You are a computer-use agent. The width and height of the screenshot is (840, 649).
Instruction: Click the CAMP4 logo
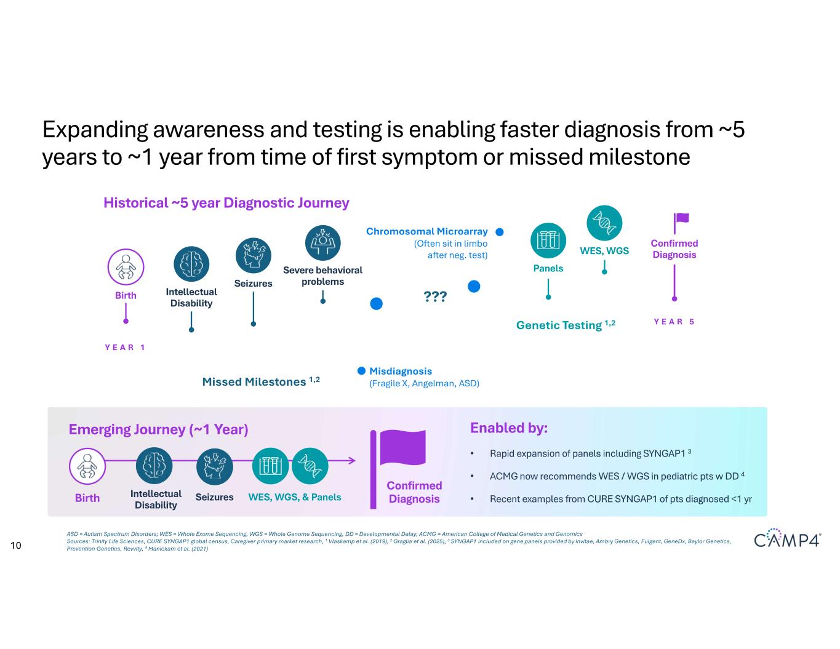point(787,538)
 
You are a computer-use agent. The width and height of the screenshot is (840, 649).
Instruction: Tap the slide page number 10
point(16,545)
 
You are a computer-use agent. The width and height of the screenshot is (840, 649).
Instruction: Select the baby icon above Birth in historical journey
point(126,266)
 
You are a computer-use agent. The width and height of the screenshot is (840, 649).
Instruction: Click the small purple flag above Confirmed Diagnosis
point(681,223)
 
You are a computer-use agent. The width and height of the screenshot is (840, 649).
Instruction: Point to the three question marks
point(435,297)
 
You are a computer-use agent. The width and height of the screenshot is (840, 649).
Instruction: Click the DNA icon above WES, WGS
point(604,223)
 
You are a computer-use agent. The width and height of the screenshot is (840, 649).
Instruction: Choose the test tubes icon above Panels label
point(548,241)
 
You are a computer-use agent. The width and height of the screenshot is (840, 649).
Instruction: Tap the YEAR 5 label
point(674,321)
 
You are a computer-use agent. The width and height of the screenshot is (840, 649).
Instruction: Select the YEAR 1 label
point(125,348)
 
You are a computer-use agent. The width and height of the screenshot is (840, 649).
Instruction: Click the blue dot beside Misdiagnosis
point(361,371)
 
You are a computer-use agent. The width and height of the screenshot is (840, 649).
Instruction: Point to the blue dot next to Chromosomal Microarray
point(500,232)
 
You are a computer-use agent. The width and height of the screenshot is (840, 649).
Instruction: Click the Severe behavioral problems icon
point(323,242)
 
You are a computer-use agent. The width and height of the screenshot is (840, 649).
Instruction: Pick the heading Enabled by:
point(509,428)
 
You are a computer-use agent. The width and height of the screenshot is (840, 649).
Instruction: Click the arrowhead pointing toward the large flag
point(352,460)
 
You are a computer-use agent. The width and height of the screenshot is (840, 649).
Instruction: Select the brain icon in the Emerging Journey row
point(154,466)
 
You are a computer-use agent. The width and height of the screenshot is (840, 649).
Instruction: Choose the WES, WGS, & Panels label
point(295,497)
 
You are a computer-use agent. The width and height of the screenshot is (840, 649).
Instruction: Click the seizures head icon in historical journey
point(253,255)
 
